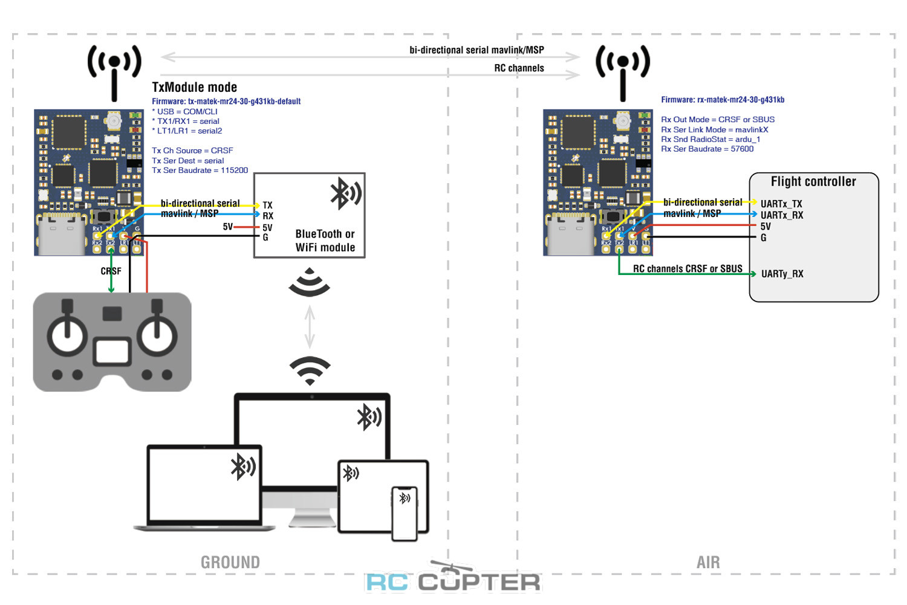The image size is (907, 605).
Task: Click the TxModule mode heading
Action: click(194, 88)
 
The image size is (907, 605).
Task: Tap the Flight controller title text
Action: click(813, 182)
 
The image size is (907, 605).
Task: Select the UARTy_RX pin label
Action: click(782, 274)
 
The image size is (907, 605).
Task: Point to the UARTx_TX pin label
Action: click(781, 204)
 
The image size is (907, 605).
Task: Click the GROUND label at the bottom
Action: click(230, 563)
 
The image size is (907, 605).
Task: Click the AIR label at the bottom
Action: click(708, 563)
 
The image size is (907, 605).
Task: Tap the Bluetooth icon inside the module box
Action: click(345, 193)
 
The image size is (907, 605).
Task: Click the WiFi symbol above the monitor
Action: click(310, 370)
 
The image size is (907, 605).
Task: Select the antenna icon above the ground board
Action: click(114, 70)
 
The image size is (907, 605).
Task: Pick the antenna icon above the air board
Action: click(623, 70)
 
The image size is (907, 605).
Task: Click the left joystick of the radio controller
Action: click(67, 334)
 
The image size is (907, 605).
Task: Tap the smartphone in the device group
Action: click(405, 513)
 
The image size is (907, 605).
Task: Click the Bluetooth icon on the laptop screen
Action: click(243, 467)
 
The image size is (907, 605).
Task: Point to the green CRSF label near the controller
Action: click(111, 271)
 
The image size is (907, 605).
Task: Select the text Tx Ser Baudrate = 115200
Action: click(200, 170)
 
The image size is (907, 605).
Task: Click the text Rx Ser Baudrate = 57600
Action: click(707, 149)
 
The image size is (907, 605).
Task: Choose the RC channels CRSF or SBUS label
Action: click(688, 269)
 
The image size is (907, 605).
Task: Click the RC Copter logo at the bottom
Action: click(453, 580)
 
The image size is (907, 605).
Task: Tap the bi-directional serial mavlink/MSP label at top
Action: click(476, 50)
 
